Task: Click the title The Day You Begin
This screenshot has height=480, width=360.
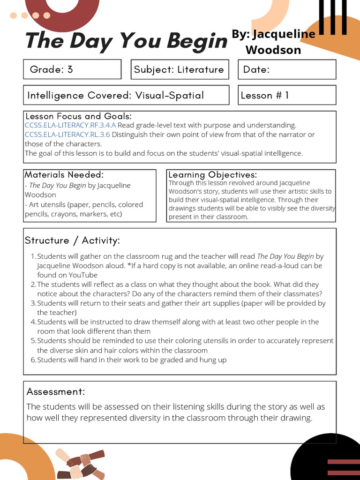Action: pyautogui.click(x=126, y=41)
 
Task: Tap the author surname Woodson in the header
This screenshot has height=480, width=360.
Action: pyautogui.click(x=273, y=50)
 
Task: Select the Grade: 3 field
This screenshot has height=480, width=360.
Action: pyautogui.click(x=72, y=69)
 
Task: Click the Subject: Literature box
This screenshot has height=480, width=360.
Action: pyautogui.click(x=180, y=69)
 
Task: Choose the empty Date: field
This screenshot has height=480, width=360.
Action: pyautogui.click(x=287, y=69)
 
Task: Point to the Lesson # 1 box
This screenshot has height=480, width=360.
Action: pyautogui.click(x=287, y=95)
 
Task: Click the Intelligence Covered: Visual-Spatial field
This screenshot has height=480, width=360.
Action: pyautogui.click(x=126, y=95)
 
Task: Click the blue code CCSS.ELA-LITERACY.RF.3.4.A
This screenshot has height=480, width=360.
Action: pyautogui.click(x=70, y=125)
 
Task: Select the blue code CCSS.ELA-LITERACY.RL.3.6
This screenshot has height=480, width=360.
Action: pyautogui.click(x=67, y=135)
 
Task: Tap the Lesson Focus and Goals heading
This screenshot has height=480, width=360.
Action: pyautogui.click(x=78, y=116)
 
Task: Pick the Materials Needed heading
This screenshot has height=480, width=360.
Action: pyautogui.click(x=64, y=174)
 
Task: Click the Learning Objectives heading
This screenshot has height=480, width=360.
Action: pyautogui.click(x=212, y=175)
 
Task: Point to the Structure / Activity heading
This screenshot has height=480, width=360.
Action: pyautogui.click(x=72, y=240)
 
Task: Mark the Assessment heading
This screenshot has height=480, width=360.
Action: pyautogui.click(x=56, y=391)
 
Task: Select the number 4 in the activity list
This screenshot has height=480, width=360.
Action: pyautogui.click(x=33, y=322)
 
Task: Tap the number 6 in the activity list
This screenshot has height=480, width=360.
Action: pyautogui.click(x=33, y=360)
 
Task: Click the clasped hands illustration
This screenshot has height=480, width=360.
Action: pyautogui.click(x=80, y=464)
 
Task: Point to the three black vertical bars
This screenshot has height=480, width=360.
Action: pyautogui.click(x=333, y=17)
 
